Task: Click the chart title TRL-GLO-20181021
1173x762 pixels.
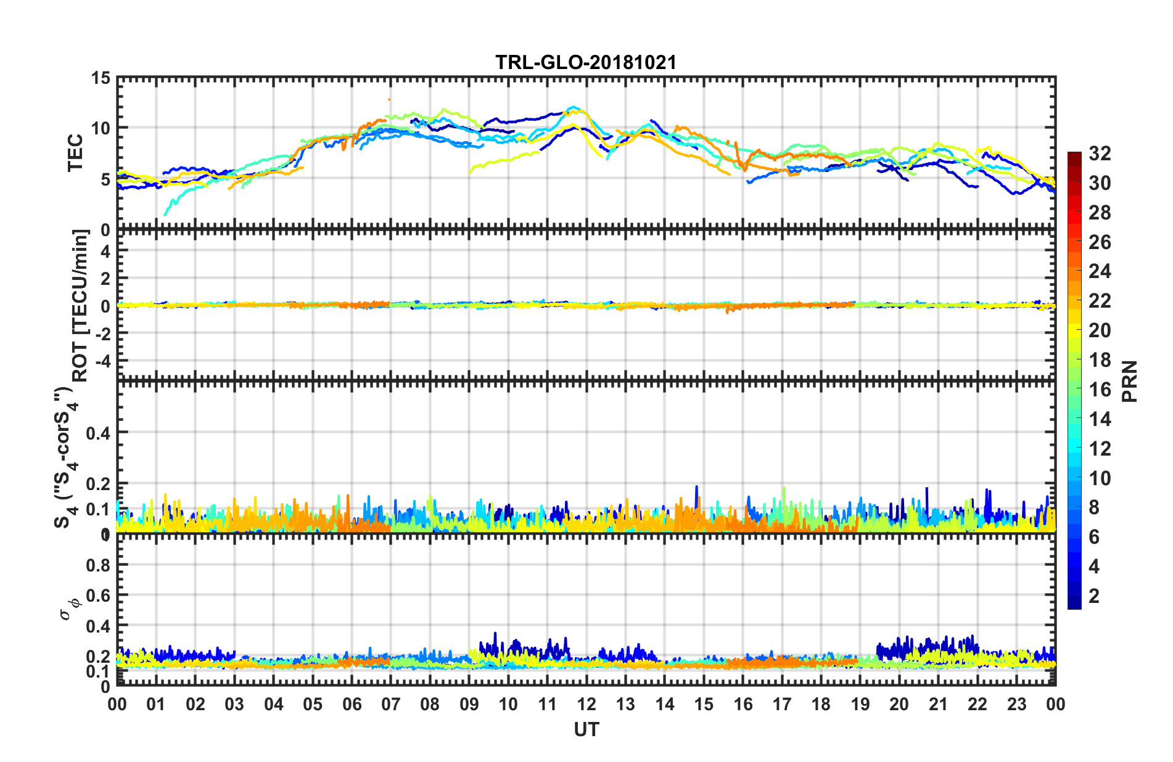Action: click(x=586, y=62)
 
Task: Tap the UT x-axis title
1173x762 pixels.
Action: click(x=586, y=730)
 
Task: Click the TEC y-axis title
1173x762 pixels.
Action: click(x=75, y=152)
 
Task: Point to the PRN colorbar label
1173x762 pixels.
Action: click(x=1129, y=381)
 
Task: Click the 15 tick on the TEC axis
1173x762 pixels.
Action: click(x=101, y=78)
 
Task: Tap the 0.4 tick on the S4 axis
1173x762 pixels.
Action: click(x=98, y=433)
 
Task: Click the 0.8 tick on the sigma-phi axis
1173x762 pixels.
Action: click(x=98, y=565)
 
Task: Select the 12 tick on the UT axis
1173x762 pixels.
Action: click(x=586, y=704)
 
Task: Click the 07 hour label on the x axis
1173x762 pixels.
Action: click(x=391, y=704)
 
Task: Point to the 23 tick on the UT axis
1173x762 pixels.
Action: click(x=1016, y=704)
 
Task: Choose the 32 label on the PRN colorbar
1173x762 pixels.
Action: click(x=1100, y=154)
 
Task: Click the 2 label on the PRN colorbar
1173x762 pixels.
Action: click(x=1094, y=596)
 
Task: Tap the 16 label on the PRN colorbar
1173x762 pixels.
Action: click(x=1100, y=390)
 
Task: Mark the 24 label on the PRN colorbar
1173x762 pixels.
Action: click(x=1100, y=271)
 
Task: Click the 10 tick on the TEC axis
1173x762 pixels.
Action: click(x=101, y=129)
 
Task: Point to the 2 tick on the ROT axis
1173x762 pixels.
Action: click(x=105, y=279)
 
